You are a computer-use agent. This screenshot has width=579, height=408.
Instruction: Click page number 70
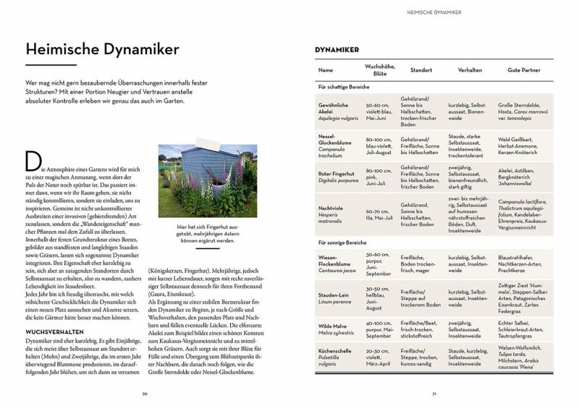click(145, 394)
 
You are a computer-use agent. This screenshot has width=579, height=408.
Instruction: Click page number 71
click(434, 394)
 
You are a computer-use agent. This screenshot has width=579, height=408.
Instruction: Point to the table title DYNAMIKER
click(337, 50)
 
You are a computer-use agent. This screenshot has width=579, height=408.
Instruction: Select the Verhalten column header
click(470, 70)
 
